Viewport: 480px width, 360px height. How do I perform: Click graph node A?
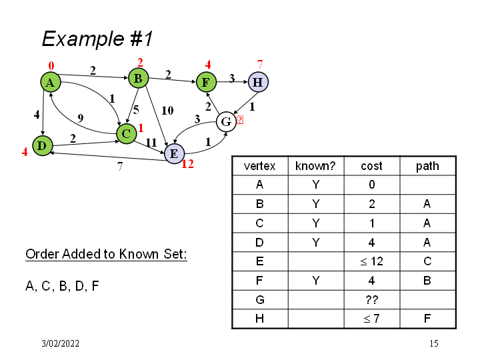(x=49, y=82)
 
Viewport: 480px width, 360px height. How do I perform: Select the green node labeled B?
(x=138, y=79)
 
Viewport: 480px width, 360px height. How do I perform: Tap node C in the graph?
(x=125, y=133)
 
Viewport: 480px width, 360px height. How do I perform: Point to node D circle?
(x=41, y=145)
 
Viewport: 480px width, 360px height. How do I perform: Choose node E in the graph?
(x=173, y=154)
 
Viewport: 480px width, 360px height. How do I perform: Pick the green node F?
(x=205, y=83)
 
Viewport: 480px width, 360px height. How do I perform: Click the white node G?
(x=226, y=122)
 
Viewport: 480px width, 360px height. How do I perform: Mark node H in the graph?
(x=257, y=83)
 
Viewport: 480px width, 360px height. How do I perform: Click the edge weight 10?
(x=167, y=109)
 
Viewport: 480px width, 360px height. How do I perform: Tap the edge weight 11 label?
(x=151, y=142)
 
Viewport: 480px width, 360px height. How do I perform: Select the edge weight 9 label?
(x=80, y=118)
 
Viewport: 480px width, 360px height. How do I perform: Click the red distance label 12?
(x=187, y=163)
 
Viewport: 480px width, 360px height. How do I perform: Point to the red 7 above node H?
(x=260, y=65)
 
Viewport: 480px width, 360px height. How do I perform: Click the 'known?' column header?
(x=315, y=166)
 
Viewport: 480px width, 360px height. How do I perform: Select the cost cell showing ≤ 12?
(x=371, y=262)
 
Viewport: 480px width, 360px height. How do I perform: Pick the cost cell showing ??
(x=371, y=299)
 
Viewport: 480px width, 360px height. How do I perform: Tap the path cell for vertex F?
(x=427, y=281)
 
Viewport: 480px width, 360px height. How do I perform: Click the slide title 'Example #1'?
(x=97, y=39)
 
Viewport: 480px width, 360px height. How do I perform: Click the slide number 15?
(x=434, y=343)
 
